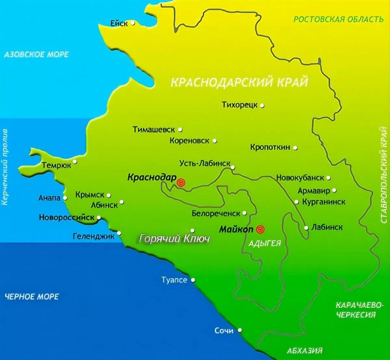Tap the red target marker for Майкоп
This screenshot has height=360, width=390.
[260, 230]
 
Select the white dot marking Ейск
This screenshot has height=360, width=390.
[133, 22]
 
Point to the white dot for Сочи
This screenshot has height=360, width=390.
[239, 330]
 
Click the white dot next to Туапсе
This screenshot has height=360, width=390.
[193, 280]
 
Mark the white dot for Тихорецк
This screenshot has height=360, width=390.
[262, 105]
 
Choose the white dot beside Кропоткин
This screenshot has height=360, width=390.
[295, 148]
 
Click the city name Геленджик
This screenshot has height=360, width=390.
[94, 237]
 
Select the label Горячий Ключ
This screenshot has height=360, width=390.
[174, 239]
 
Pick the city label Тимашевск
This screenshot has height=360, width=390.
[154, 129]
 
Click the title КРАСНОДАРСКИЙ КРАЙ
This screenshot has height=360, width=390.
[239, 82]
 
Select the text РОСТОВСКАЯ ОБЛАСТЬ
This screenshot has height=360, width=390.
[338, 20]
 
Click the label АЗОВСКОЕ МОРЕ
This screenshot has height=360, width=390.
[36, 54]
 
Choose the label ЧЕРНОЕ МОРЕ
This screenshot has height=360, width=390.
[32, 297]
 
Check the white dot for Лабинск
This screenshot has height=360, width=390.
[306, 228]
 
